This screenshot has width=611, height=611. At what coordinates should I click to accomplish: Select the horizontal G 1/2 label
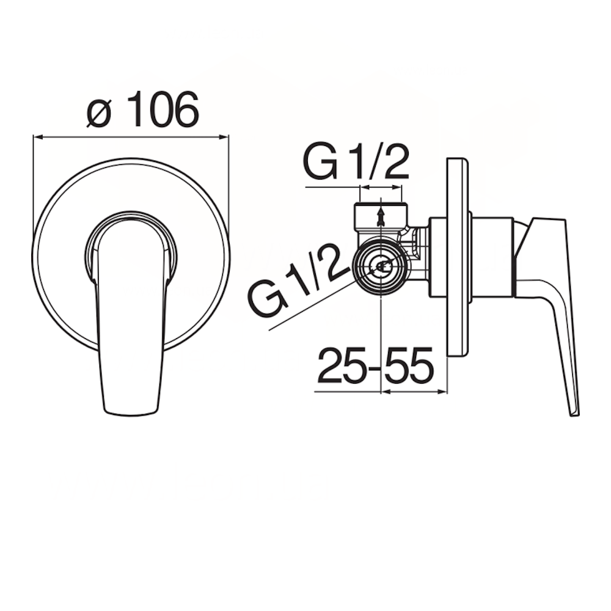tap(356, 161)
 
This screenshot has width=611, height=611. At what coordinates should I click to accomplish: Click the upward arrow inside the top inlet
tap(381, 216)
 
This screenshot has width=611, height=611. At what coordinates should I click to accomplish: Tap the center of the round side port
tap(381, 266)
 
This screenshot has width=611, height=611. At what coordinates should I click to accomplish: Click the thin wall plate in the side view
tap(457, 257)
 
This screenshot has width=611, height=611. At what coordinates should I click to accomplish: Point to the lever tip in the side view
tap(574, 409)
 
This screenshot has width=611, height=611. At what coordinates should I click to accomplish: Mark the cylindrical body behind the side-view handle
tap(492, 257)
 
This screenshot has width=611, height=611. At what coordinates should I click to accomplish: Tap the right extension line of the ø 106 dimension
tap(229, 183)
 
